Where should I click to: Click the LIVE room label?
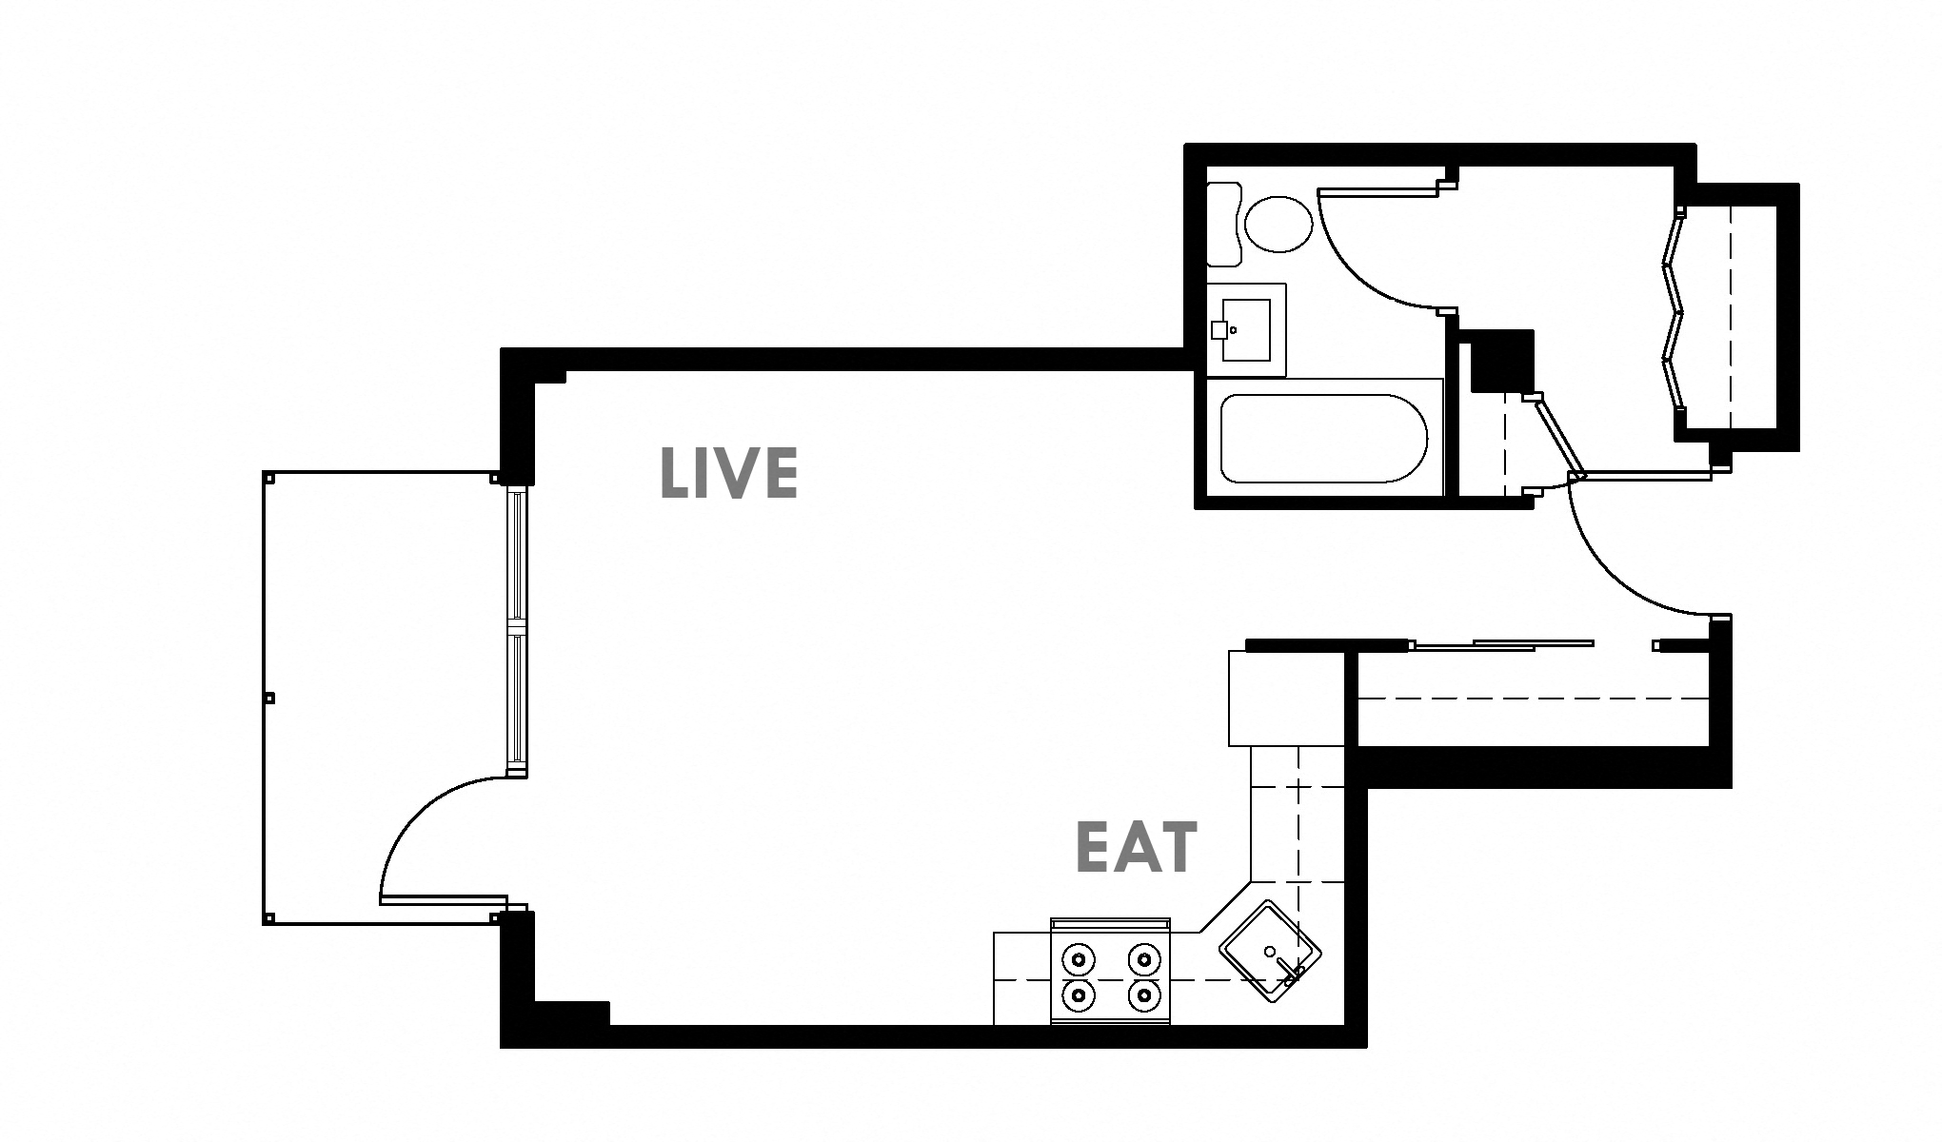point(728,474)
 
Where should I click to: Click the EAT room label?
point(1135,849)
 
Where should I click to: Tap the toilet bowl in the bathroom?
point(1278,224)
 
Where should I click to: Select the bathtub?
point(1323,439)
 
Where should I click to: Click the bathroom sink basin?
point(1245,329)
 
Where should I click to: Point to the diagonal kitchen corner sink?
point(1270,951)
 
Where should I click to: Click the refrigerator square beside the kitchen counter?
point(1285,698)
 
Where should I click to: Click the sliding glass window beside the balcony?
point(516,628)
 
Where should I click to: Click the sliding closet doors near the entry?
point(1504,645)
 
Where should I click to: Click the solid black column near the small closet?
point(1502,362)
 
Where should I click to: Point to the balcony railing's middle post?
point(269,698)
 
